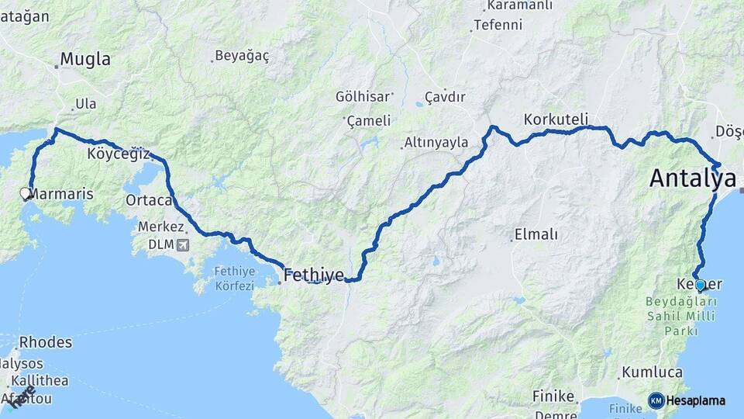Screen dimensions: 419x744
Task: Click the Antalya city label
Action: point(692,178)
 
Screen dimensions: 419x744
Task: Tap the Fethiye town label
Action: point(313,275)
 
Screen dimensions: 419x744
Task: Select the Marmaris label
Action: point(61,194)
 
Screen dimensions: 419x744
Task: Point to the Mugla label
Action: point(85,60)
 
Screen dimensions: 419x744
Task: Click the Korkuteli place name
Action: point(556,119)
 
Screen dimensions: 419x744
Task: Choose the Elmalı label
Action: point(536,234)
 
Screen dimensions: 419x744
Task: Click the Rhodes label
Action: point(46,342)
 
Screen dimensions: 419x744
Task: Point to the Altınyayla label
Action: point(436,143)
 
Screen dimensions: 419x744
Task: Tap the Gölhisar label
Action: point(363,97)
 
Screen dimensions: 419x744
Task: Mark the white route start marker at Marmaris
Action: point(25,192)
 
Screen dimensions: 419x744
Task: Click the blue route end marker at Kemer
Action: point(700,285)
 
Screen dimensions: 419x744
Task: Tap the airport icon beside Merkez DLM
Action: point(182,246)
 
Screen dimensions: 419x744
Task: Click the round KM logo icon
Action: point(656,400)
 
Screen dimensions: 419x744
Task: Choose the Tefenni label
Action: point(498,25)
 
